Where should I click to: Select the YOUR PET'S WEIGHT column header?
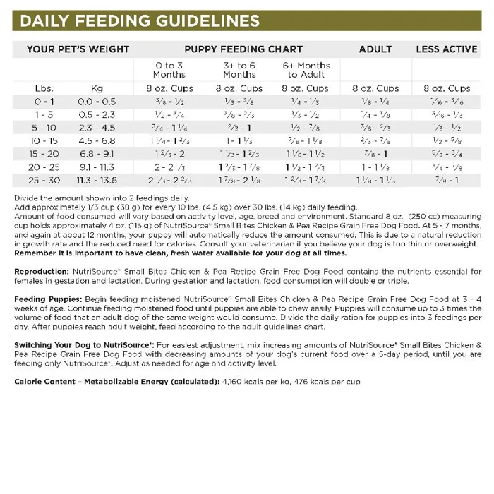click(x=78, y=49)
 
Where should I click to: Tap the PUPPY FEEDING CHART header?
click(x=243, y=49)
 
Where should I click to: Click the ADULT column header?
click(x=375, y=49)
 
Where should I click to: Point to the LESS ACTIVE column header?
click(x=447, y=49)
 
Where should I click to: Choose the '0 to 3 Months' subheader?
click(x=169, y=70)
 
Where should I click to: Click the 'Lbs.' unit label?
click(x=44, y=89)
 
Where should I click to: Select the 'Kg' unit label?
click(x=97, y=89)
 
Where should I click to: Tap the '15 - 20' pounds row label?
click(x=44, y=153)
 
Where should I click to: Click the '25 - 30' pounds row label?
click(x=44, y=179)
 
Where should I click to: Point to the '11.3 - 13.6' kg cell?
click(x=97, y=179)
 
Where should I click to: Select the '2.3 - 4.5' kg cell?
click(x=97, y=128)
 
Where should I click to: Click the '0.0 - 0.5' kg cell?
click(x=97, y=102)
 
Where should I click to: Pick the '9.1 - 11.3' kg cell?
click(x=97, y=167)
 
